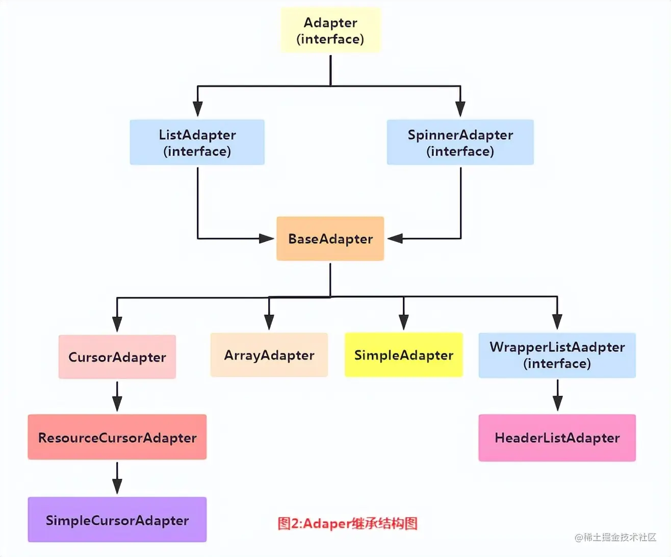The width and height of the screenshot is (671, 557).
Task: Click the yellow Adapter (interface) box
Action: pyautogui.click(x=331, y=30)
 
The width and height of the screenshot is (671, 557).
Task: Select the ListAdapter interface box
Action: pyautogui.click(x=197, y=142)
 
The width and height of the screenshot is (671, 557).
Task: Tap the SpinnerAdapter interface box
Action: pyautogui.click(x=460, y=142)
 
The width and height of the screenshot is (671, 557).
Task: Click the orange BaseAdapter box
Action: pyautogui.click(x=330, y=239)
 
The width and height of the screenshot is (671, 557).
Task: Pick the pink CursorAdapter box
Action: pyautogui.click(x=117, y=357)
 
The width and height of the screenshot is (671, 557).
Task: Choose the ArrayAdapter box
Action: pyautogui.click(x=269, y=355)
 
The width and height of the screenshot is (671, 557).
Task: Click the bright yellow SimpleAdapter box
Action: pyautogui.click(x=404, y=355)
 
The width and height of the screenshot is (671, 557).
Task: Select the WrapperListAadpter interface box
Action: pyautogui.click(x=557, y=355)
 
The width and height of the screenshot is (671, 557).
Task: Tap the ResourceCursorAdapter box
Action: pyautogui.click(x=117, y=437)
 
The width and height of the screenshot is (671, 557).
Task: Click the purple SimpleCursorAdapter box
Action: pyautogui.click(x=117, y=519)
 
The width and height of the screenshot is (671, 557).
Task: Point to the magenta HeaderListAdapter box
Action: pyautogui.click(x=557, y=438)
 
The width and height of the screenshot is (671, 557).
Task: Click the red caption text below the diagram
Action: pyautogui.click(x=347, y=523)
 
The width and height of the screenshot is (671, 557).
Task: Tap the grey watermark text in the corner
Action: pyautogui.click(x=615, y=537)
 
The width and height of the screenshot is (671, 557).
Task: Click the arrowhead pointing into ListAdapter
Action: pyautogui.click(x=198, y=109)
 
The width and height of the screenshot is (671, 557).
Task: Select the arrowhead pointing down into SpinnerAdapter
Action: pyautogui.click(x=460, y=109)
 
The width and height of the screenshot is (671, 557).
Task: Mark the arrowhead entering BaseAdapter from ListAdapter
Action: pyautogui.click(x=266, y=239)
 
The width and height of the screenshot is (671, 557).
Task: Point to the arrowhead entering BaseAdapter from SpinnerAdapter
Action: pyautogui.click(x=395, y=239)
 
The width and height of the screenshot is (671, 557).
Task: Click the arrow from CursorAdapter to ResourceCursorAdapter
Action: pyautogui.click(x=117, y=396)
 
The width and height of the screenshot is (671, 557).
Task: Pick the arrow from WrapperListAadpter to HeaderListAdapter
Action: pyautogui.click(x=558, y=395)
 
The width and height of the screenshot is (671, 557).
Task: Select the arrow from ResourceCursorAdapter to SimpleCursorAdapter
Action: pyautogui.click(x=117, y=478)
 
